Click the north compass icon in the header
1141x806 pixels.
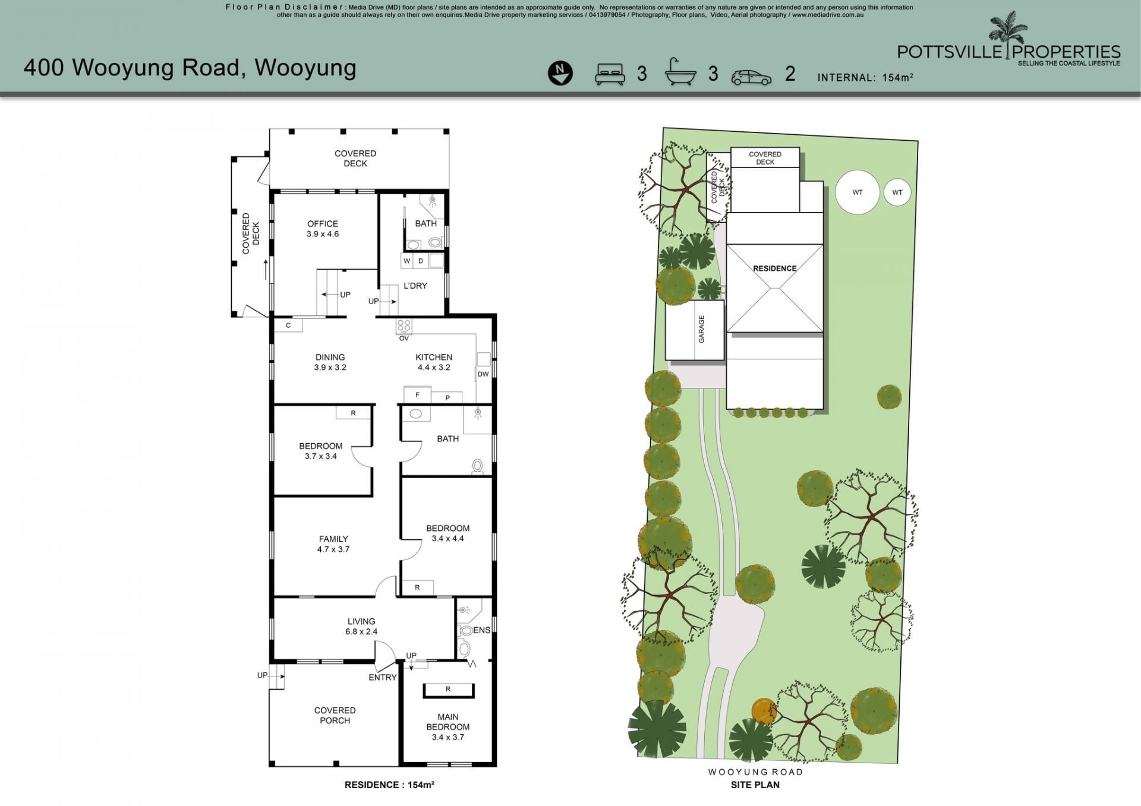pos(560,73)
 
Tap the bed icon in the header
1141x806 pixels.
pos(610,73)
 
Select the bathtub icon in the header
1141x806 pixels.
pos(680,72)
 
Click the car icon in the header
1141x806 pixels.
pos(751,77)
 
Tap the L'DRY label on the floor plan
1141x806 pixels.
pos(415,286)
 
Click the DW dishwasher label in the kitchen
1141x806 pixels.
pos(483,374)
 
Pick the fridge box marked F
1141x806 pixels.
pos(417,394)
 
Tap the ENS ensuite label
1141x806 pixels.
pos(481,630)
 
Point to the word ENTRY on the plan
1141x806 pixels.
pos(383,677)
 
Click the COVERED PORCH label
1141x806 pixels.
pos(335,715)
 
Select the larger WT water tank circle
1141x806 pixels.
pos(858,192)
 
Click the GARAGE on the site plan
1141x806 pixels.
pos(695,330)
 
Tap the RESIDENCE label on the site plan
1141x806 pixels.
pos(775,268)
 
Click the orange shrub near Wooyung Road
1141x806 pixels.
pos(764,712)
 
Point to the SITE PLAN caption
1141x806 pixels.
pos(755,785)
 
